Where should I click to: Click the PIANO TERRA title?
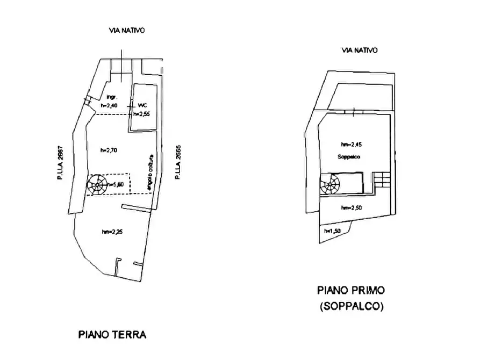pos(112,334)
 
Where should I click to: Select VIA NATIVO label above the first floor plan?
pos(360,50)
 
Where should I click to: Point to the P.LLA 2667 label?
pos(62,164)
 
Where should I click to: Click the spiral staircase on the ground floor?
pos(98,184)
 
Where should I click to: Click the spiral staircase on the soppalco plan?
pos(329,185)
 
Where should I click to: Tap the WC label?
pos(142,105)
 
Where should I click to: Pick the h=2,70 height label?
pos(112,150)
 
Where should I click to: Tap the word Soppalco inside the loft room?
pos(349,156)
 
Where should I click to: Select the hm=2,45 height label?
pos(352,145)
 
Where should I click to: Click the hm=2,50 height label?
pos(352,207)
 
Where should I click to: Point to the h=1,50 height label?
pos(332,231)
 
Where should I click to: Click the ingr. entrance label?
pos(112,97)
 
